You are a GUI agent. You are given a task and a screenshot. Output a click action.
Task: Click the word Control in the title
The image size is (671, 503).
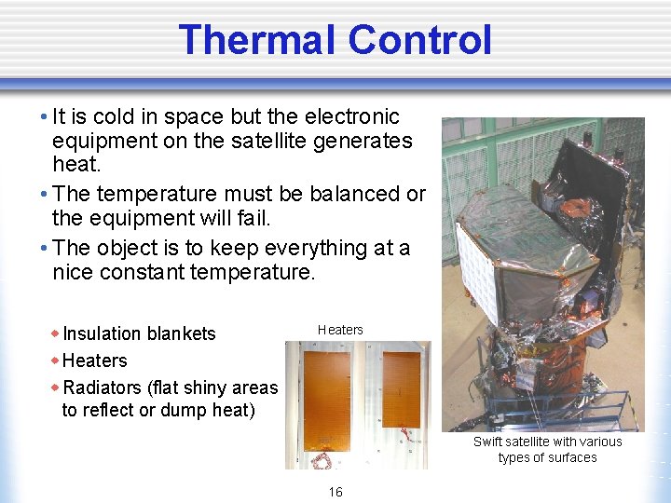click(419, 40)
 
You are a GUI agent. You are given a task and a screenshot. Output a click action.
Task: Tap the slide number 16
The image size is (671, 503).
click(335, 492)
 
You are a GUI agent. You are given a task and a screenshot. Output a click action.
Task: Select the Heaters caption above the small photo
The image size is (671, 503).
click(340, 330)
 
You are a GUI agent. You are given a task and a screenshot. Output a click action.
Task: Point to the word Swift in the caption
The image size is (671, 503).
click(490, 442)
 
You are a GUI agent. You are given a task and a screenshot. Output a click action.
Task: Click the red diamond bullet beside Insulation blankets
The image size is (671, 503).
click(55, 333)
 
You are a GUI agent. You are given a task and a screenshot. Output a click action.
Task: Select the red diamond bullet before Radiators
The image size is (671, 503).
click(55, 387)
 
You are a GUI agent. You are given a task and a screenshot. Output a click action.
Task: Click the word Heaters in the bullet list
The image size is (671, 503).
click(94, 360)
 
